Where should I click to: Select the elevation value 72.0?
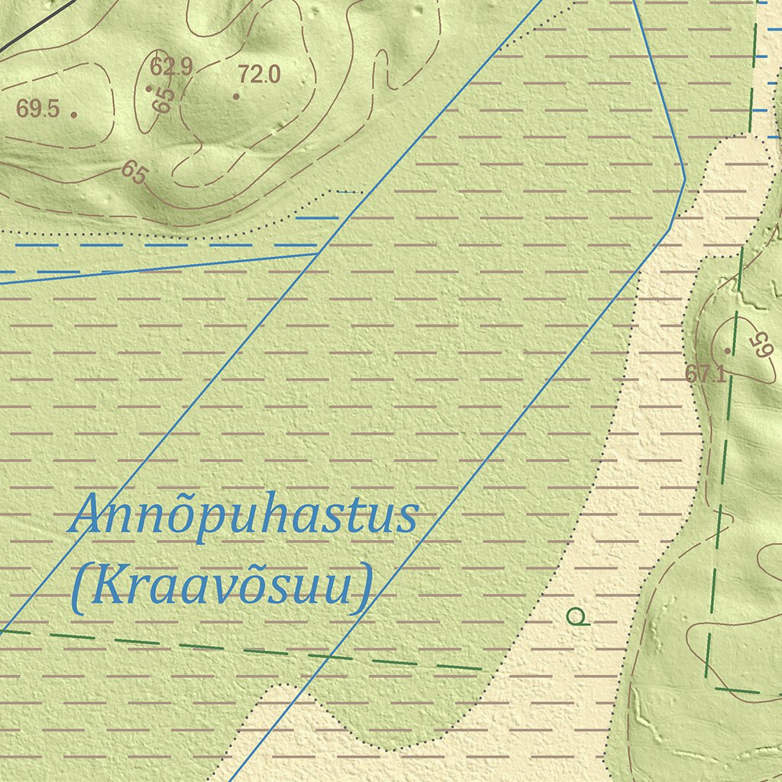(259, 75)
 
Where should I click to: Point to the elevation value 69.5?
(37, 108)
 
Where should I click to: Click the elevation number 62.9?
(170, 67)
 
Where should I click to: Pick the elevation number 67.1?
(704, 374)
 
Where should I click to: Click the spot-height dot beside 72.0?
(237, 96)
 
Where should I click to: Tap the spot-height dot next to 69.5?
(74, 115)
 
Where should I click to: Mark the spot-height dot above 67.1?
(728, 351)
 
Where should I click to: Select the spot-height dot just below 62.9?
(149, 89)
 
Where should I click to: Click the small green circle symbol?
(577, 616)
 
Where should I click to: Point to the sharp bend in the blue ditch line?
(684, 180)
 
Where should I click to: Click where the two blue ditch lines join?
(318, 253)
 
